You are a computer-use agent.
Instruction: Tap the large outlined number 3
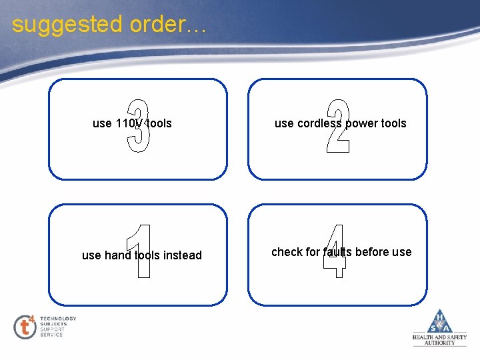click(139, 127)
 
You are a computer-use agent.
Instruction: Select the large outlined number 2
click(338, 127)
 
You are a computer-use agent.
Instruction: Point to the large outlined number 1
click(140, 251)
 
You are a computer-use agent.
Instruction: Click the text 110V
click(129, 123)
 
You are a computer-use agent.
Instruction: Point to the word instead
click(182, 255)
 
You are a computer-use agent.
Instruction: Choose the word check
click(287, 252)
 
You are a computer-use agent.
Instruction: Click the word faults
click(338, 252)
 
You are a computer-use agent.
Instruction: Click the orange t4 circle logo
click(25, 326)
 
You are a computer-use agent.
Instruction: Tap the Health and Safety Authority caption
click(440, 340)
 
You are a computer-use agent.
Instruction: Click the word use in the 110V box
click(102, 123)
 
